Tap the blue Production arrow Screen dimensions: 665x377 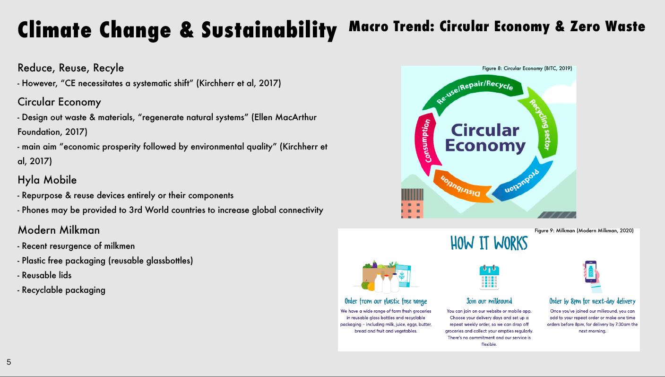click(523, 181)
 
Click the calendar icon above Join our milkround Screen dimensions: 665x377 click(489, 277)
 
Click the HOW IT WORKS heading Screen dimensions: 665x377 click(489, 243)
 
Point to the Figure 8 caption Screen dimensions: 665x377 click(527, 68)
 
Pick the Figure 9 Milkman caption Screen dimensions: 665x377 click(584, 230)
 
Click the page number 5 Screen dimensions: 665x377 click(9, 362)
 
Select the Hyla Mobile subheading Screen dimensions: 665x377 click(47, 180)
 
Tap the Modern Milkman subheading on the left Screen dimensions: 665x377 click(59, 230)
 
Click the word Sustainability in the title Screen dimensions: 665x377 click(269, 30)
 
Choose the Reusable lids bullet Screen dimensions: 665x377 click(44, 275)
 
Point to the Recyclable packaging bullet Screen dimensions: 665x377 click(61, 290)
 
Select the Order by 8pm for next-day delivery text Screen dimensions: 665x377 click(592, 301)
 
